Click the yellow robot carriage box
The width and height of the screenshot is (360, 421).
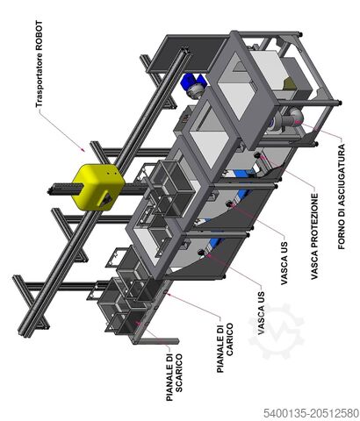click(98, 187)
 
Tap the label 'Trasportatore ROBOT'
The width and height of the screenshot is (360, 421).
click(39, 64)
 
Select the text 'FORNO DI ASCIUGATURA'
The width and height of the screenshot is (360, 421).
click(342, 196)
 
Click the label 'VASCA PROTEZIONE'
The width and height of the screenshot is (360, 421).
click(314, 236)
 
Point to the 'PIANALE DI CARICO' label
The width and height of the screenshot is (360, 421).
click(225, 348)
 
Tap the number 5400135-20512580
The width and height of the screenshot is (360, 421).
click(311, 413)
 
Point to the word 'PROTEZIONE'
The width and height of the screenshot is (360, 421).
click(314, 222)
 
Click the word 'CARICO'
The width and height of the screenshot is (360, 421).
click(230, 339)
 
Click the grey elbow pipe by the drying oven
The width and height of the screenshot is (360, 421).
click(293, 117)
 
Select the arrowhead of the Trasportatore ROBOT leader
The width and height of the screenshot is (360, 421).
click(84, 150)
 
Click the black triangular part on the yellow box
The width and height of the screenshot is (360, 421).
click(106, 199)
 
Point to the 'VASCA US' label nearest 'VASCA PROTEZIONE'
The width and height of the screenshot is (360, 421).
click(284, 263)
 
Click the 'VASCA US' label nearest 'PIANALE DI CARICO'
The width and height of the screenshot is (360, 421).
click(261, 313)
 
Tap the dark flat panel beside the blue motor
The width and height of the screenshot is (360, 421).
click(187, 54)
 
